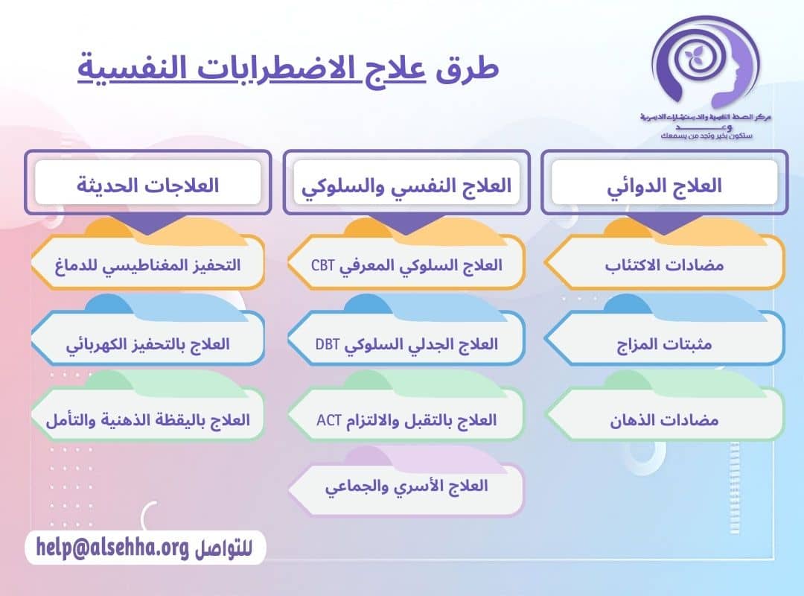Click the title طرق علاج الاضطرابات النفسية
[x=288, y=69]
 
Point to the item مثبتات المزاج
[x=664, y=345]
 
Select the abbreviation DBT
[x=327, y=345]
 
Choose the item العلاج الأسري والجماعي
[x=406, y=487]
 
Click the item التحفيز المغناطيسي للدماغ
[x=147, y=265]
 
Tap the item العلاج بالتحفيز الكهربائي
[x=149, y=345]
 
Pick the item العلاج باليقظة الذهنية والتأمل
[x=147, y=420]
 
